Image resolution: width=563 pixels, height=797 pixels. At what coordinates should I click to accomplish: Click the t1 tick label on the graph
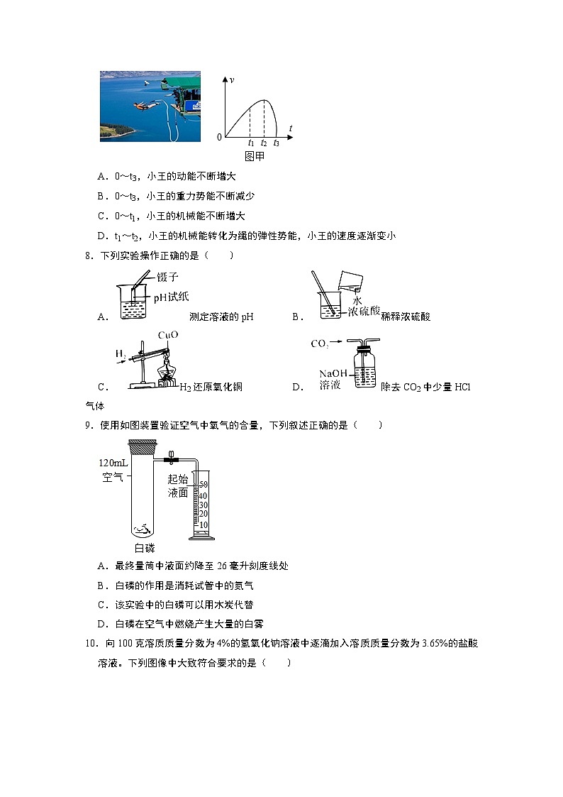pyautogui.click(x=250, y=143)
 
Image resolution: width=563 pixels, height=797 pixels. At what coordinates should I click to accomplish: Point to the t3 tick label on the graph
pyautogui.click(x=276, y=143)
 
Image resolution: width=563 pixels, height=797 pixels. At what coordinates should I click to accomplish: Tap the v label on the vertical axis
pyautogui.click(x=232, y=80)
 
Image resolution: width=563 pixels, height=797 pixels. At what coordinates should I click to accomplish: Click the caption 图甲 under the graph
pyautogui.click(x=254, y=156)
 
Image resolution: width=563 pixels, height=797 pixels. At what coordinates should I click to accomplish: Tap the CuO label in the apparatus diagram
pyautogui.click(x=168, y=335)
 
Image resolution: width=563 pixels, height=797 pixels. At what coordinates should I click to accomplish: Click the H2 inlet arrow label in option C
pyautogui.click(x=120, y=353)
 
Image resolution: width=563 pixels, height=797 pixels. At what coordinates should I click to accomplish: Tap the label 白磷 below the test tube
pyautogui.click(x=145, y=548)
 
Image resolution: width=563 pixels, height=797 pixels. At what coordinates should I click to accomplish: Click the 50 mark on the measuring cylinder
pyautogui.click(x=203, y=485)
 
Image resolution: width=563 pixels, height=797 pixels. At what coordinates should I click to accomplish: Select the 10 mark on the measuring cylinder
pyautogui.click(x=203, y=524)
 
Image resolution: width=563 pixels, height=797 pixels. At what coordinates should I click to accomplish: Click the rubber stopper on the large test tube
pyautogui.click(x=143, y=446)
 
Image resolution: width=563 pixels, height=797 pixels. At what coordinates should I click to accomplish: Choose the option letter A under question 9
pyautogui.click(x=102, y=566)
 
